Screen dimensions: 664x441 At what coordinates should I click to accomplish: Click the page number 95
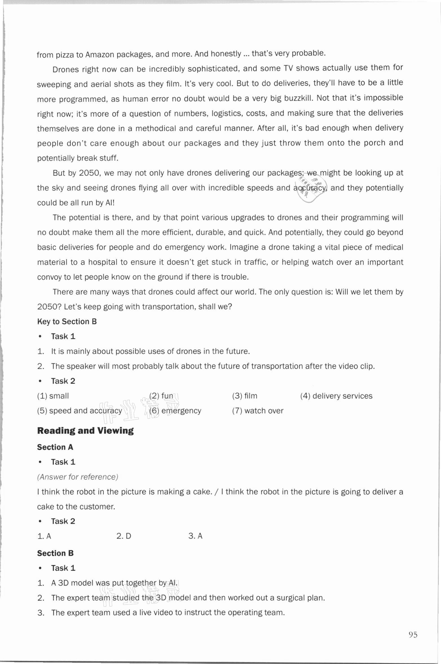(x=413, y=635)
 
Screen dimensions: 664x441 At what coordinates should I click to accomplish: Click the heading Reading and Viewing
(x=85, y=431)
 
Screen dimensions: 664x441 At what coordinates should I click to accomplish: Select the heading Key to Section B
(x=67, y=322)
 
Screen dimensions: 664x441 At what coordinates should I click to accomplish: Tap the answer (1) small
(x=53, y=396)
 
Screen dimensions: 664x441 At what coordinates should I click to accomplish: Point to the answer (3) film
(x=244, y=396)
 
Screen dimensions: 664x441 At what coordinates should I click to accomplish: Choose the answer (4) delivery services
(x=336, y=396)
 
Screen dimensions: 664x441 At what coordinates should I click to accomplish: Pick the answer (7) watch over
(x=257, y=411)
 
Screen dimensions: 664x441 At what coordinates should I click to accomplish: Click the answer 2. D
(x=124, y=536)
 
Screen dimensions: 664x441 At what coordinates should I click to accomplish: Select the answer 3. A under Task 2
(x=195, y=536)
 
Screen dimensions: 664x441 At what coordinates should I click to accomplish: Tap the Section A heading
(x=55, y=447)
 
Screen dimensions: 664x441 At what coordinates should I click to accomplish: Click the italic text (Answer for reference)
(x=78, y=477)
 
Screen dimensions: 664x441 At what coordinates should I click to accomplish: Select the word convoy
(x=47, y=277)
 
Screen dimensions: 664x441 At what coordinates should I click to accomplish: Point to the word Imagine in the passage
(x=245, y=247)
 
